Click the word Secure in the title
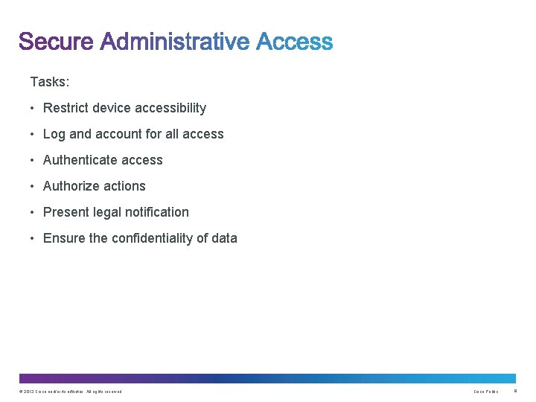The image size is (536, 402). (x=57, y=42)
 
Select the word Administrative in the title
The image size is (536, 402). (x=175, y=42)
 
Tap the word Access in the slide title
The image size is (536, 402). (x=295, y=42)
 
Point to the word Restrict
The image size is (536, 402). (x=65, y=108)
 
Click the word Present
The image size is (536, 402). (x=66, y=212)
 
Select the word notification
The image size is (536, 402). (x=159, y=212)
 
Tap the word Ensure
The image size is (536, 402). (x=64, y=238)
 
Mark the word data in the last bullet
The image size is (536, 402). (x=224, y=238)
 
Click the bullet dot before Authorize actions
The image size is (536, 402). (x=33, y=186)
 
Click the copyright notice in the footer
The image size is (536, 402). (x=71, y=392)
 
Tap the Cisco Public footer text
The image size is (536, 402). (x=485, y=392)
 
